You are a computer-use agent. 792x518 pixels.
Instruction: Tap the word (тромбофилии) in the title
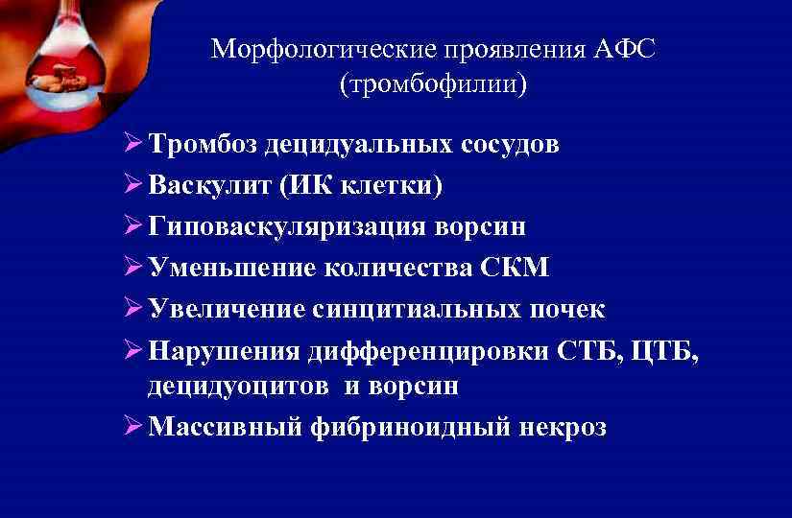pyautogui.click(x=433, y=84)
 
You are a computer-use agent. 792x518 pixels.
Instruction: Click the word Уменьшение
pyautogui.click(x=225, y=268)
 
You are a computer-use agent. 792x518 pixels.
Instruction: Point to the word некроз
pyautogui.click(x=567, y=427)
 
